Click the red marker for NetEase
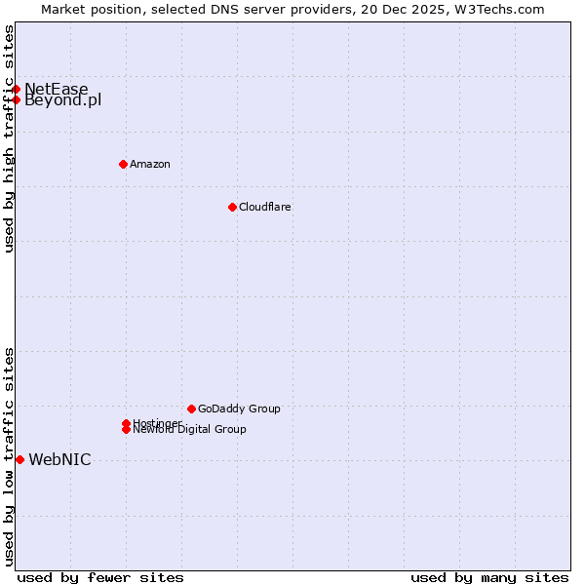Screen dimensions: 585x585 tap(17, 89)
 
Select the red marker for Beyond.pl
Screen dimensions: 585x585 tap(17, 99)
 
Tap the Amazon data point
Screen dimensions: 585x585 tap(123, 164)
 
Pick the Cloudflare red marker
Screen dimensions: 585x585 tap(232, 207)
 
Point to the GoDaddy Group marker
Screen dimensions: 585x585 tap(191, 409)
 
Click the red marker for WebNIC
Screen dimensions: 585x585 tap(19, 459)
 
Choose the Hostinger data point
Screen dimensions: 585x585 tap(126, 423)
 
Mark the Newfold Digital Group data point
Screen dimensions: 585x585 tap(126, 429)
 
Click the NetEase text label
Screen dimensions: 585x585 tap(57, 90)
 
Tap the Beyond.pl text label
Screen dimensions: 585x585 tap(63, 100)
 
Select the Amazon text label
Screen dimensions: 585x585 tap(150, 164)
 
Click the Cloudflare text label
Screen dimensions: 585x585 tap(265, 207)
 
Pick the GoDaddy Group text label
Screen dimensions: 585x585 tap(239, 409)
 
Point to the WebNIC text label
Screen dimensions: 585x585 tap(59, 460)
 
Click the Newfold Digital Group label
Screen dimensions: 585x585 tap(191, 430)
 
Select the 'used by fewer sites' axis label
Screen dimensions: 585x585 tap(100, 577)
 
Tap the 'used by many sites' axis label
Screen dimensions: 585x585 tap(489, 577)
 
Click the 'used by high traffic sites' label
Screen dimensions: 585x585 tap(9, 138)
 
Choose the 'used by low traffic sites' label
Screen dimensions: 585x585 tap(9, 456)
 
